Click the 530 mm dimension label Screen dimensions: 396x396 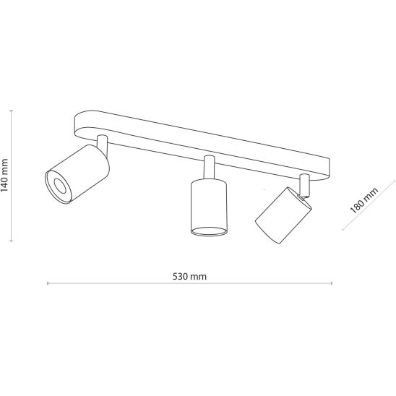[189, 276]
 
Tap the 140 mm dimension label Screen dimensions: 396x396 [4, 176]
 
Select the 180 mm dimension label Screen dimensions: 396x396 [364, 200]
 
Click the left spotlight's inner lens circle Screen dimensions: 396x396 [59, 186]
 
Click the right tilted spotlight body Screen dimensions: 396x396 [283, 215]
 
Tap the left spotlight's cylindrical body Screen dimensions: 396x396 [77, 173]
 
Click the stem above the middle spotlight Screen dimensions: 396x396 [210, 168]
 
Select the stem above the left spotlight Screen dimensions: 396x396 [103, 145]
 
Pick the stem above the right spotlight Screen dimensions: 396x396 [304, 184]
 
